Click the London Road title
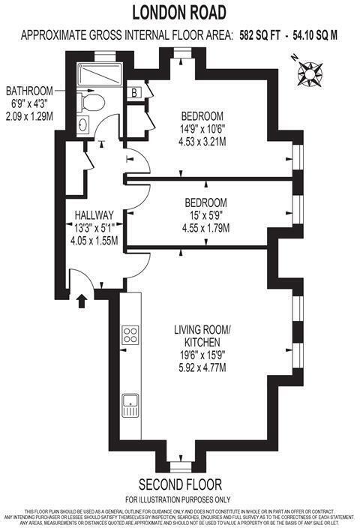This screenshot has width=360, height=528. pyautogui.click(x=179, y=11)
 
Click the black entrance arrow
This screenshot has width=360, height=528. pyautogui.click(x=81, y=301)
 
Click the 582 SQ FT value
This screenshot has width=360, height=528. pyautogui.click(x=262, y=34)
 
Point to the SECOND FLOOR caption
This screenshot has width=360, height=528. pyautogui.click(x=179, y=484)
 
